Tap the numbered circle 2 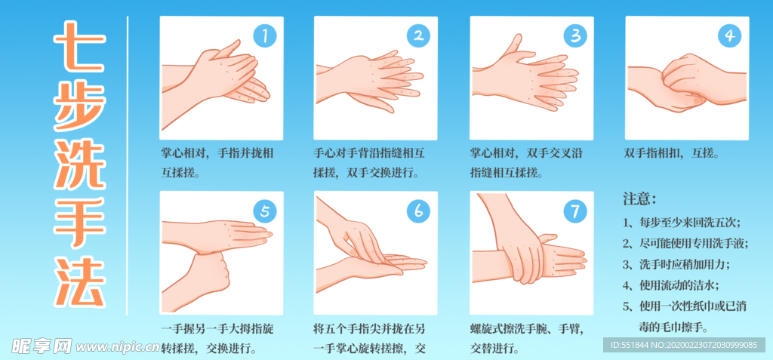(x=419, y=35)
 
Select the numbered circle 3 (x=575, y=35)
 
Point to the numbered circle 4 (x=729, y=35)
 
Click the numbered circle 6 (x=419, y=211)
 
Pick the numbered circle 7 (x=575, y=211)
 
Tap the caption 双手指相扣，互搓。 (x=671, y=152)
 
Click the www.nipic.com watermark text (x=118, y=348)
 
